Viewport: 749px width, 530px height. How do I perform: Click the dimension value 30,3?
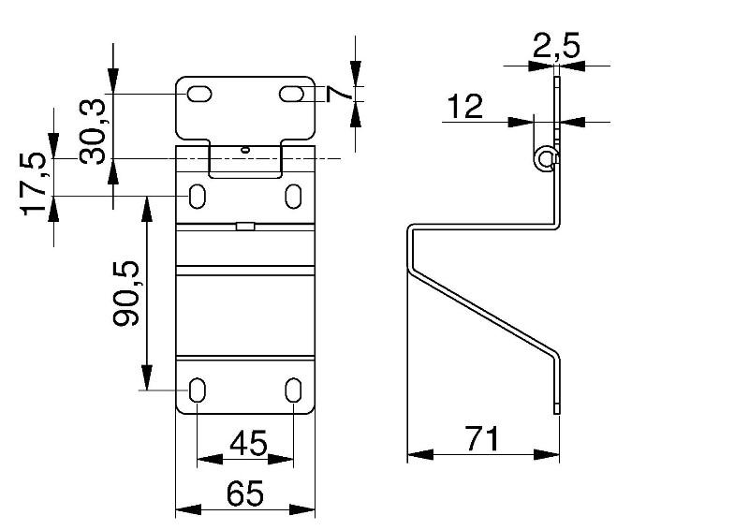click(x=92, y=132)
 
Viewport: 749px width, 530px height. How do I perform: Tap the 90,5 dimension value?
click(x=126, y=293)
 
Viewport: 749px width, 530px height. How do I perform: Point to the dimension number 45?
click(x=248, y=443)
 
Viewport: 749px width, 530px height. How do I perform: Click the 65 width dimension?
click(x=245, y=493)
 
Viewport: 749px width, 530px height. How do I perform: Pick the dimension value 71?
click(x=483, y=439)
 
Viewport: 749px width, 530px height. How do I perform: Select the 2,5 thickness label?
click(x=556, y=45)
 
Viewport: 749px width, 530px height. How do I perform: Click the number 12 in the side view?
click(x=464, y=106)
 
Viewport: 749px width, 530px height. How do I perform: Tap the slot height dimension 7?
click(x=338, y=94)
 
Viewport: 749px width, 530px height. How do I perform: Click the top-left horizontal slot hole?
click(x=199, y=95)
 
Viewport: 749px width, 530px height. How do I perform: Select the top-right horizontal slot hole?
click(x=291, y=95)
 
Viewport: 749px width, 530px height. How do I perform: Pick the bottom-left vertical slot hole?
click(x=198, y=390)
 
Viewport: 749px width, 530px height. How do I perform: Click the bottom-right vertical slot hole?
click(x=293, y=390)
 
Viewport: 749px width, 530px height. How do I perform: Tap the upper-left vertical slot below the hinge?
click(x=198, y=196)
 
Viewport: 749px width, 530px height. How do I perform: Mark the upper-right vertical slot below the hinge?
click(x=293, y=196)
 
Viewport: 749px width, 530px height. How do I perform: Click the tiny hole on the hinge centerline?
click(x=245, y=150)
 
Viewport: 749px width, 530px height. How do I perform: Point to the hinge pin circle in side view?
click(x=544, y=159)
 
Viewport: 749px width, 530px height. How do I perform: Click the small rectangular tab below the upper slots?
click(x=245, y=226)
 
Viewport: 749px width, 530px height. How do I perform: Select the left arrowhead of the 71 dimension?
click(x=420, y=454)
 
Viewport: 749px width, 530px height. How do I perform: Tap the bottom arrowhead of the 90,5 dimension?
click(x=147, y=377)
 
